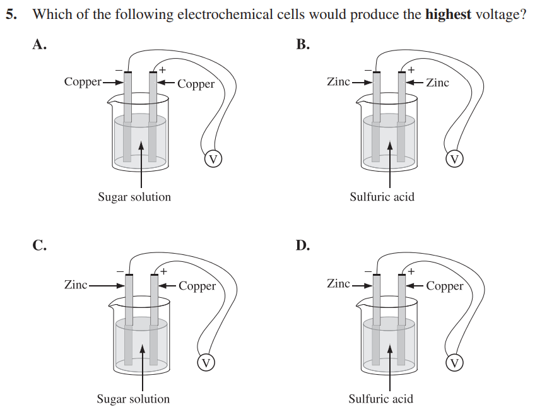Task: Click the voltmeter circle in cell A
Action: pyautogui.click(x=214, y=159)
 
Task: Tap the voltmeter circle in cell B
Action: pyautogui.click(x=454, y=158)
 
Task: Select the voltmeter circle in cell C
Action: pyautogui.click(x=206, y=362)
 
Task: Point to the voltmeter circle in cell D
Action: pyautogui.click(x=454, y=362)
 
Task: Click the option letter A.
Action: pyautogui.click(x=39, y=45)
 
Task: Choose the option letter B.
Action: pyautogui.click(x=303, y=45)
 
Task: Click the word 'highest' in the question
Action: pyautogui.click(x=448, y=15)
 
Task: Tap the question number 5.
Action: pyautogui.click(x=10, y=15)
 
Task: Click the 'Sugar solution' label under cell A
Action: pyautogui.click(x=134, y=197)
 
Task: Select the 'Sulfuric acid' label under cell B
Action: pyautogui.click(x=382, y=197)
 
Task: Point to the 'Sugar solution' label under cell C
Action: pyautogui.click(x=133, y=399)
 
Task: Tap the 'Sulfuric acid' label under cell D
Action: pyautogui.click(x=380, y=399)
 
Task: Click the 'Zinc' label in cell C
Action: pyautogui.click(x=76, y=285)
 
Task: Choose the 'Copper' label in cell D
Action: pyautogui.click(x=445, y=286)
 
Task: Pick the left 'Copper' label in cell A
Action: pyautogui.click(x=83, y=81)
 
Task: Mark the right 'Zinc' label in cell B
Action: pyautogui.click(x=438, y=82)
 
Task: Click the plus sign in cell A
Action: pyautogui.click(x=162, y=69)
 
